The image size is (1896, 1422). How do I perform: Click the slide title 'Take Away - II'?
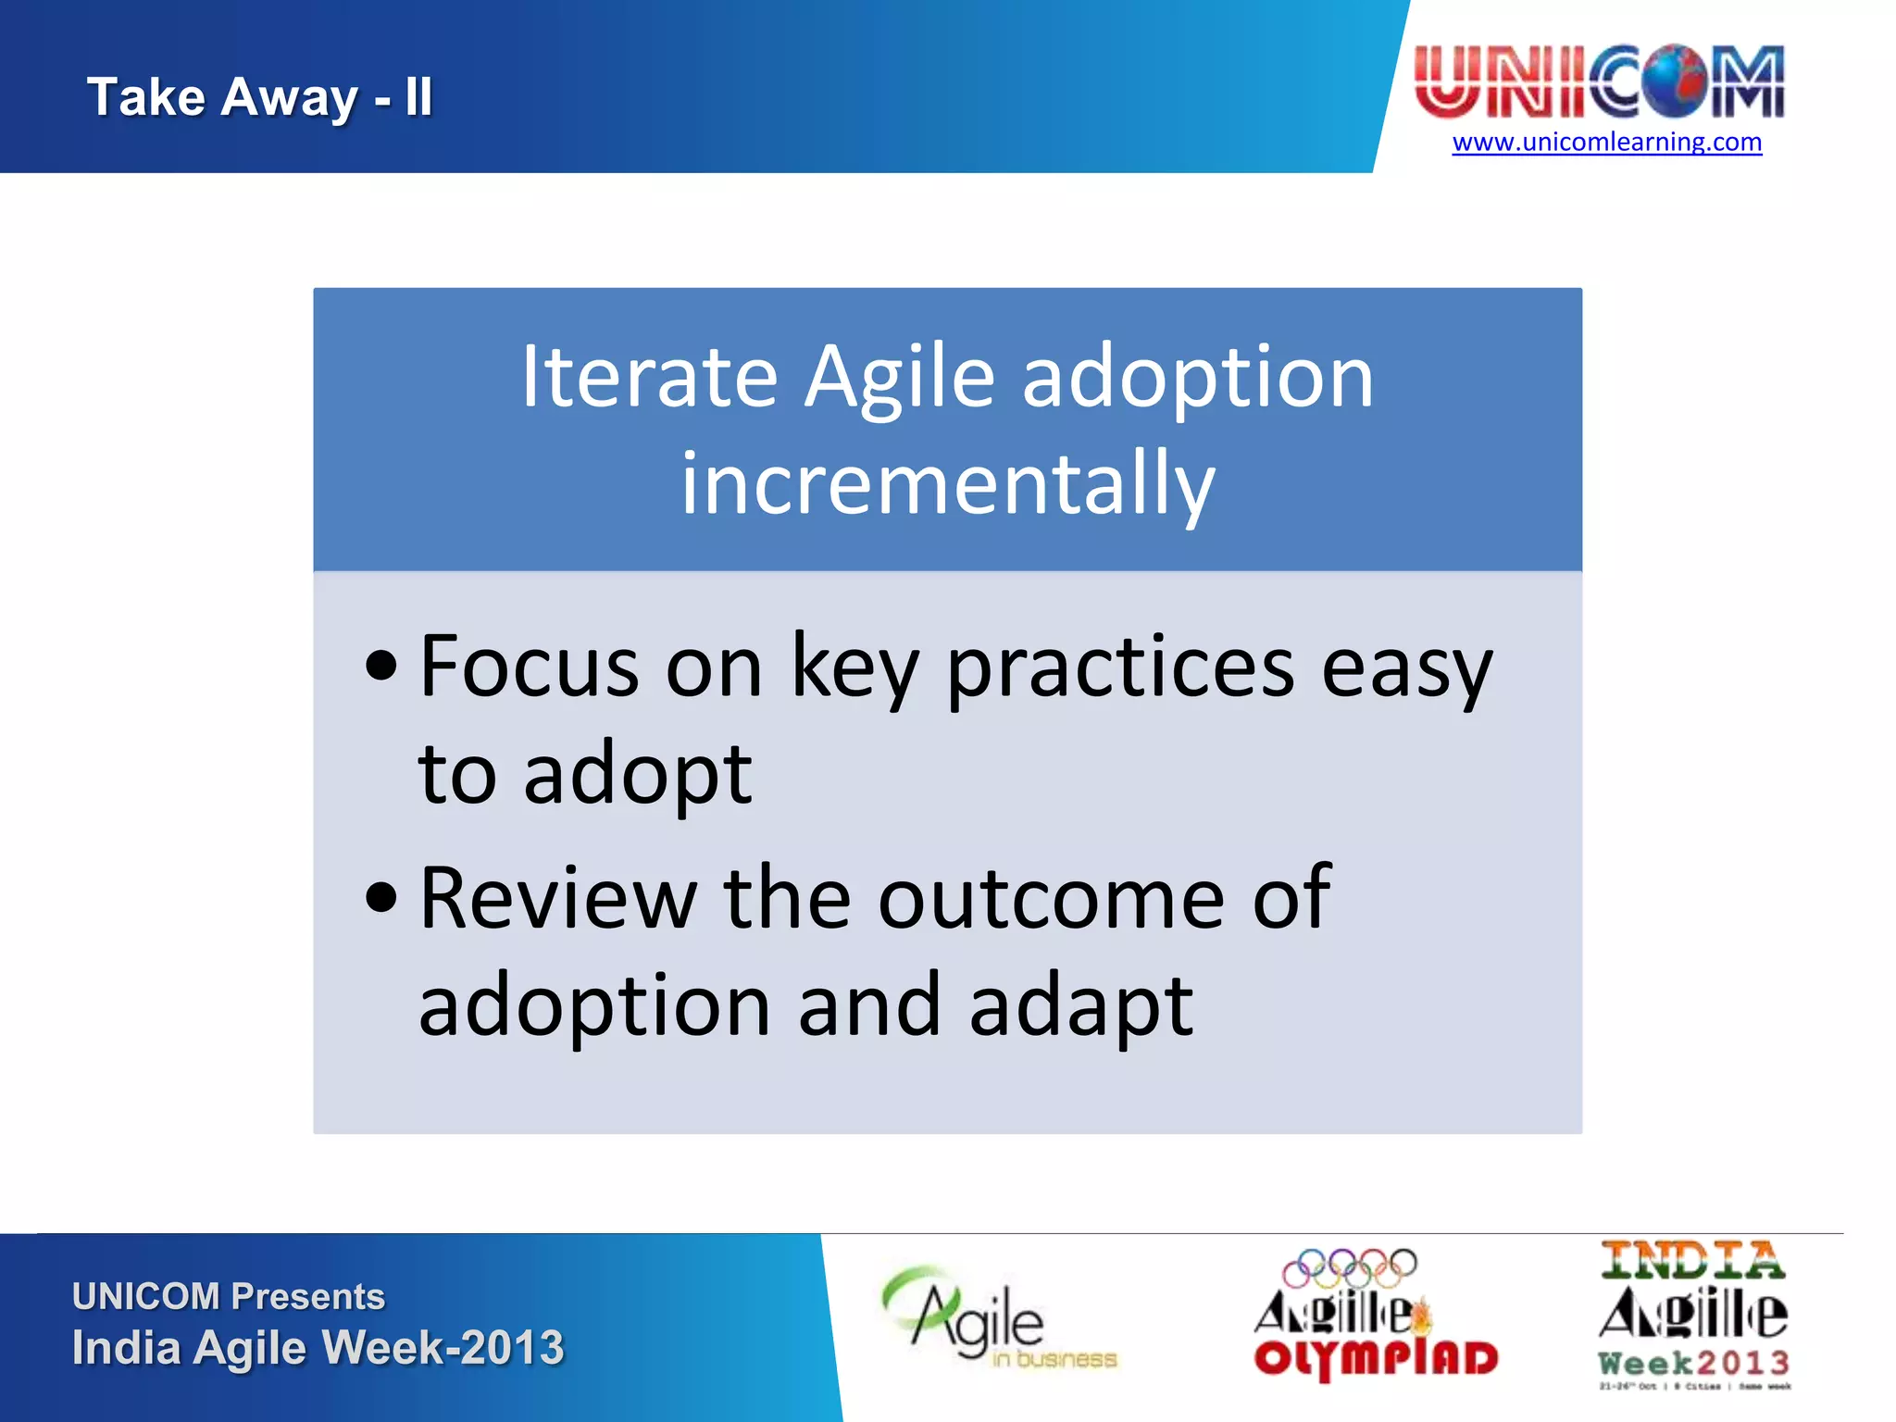click(x=259, y=97)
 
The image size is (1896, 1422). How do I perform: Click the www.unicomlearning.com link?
click(x=1606, y=143)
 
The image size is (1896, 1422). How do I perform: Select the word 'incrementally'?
click(x=947, y=484)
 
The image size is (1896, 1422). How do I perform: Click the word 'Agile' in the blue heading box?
click(x=899, y=378)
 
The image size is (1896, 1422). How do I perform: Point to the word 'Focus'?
click(x=530, y=667)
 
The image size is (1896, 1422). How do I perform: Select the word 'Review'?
click(x=557, y=897)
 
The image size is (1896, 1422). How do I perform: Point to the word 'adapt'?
click(x=1081, y=1007)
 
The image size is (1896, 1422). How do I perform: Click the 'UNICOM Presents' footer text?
click(x=229, y=1296)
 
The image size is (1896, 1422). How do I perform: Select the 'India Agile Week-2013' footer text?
click(x=318, y=1347)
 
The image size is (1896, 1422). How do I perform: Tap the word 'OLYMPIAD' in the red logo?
click(x=1375, y=1359)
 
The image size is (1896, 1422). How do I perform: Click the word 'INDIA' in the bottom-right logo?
click(x=1691, y=1261)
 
